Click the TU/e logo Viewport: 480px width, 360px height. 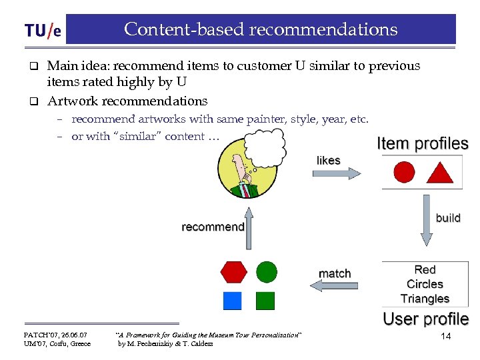43,31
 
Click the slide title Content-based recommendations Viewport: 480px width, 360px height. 261,29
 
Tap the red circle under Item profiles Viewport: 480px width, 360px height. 404,173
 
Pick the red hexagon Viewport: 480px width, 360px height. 233,272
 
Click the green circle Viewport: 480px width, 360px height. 267,271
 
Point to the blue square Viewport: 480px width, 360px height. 232,301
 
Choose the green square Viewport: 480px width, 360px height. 265,301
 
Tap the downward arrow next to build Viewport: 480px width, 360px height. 426,220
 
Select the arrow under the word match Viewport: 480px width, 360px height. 335,286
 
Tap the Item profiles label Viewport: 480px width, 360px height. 423,143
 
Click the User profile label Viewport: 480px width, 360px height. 425,319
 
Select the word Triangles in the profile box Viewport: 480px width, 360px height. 425,299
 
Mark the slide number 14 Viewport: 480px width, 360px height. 446,337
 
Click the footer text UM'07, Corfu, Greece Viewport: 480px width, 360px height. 57,344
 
